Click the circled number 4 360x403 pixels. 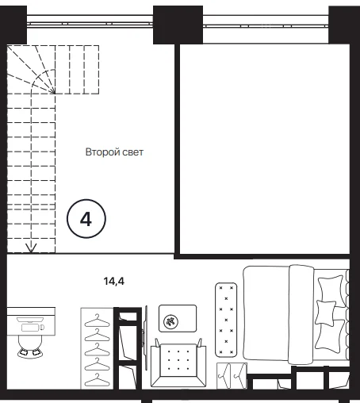(86, 219)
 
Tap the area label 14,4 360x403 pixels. (114, 281)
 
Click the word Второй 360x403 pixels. (99, 152)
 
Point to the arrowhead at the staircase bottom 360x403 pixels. (31, 248)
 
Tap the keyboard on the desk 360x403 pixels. (30, 328)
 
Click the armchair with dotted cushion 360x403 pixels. (178, 363)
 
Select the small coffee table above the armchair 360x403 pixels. (178, 318)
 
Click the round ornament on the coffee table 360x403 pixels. (170, 321)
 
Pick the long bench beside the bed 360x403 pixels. (226, 320)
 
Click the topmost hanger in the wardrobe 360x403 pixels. (97, 320)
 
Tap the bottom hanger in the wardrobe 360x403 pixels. (97, 380)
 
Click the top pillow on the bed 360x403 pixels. (331, 289)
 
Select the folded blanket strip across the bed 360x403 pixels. (301, 315)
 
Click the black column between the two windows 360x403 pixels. (178, 25)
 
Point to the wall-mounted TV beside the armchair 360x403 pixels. (145, 338)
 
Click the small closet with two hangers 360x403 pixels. (232, 375)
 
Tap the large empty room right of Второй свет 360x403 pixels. (265, 149)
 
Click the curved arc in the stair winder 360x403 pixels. (40, 76)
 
